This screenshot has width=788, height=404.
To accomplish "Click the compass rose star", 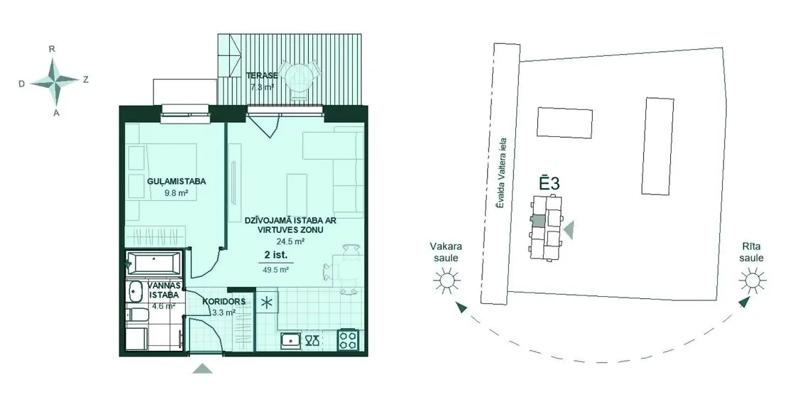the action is coord(55,80).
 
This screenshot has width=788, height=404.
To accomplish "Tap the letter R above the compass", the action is coord(52,49).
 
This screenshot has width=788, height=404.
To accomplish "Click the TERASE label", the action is coord(262,76).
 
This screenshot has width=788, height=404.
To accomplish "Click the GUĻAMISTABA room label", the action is coord(170,181).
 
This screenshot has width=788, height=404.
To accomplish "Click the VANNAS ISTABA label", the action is coord(163,290).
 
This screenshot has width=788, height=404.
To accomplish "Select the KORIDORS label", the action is coord(224,302).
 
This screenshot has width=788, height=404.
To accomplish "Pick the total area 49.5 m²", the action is coord(276,269).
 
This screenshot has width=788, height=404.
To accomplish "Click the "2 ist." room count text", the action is coord(276,256).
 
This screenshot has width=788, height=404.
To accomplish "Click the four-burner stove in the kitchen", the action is coord(349,339).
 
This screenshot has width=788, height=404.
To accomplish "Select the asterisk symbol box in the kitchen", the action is coord(267,302).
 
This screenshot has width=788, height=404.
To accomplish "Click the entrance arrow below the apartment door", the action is coord(202,368).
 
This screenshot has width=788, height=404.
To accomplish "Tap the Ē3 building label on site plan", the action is coord(549,182).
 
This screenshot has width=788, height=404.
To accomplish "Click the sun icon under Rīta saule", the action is coord(753,279).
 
